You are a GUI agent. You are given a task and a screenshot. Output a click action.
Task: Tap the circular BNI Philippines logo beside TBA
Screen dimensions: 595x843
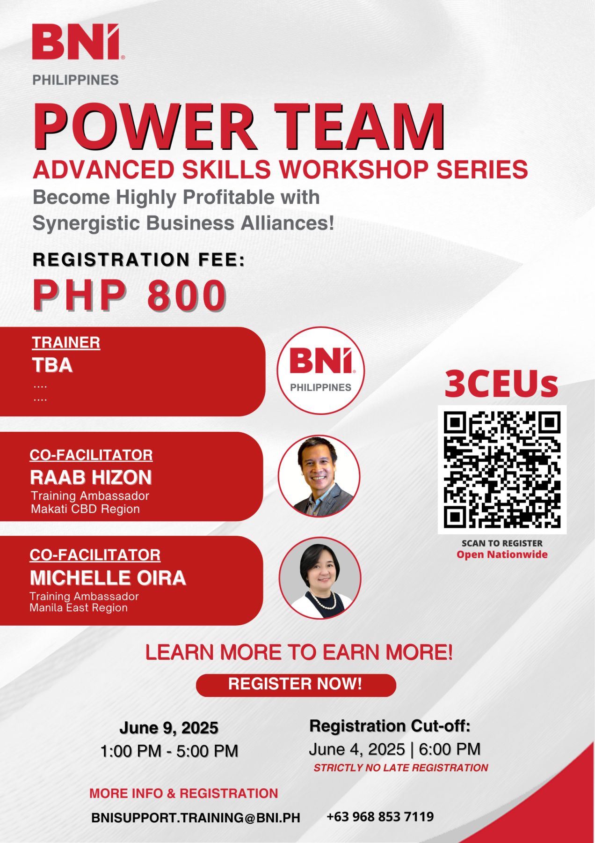point(320,370)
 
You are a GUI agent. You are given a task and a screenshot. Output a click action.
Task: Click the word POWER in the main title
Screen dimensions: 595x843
point(144,126)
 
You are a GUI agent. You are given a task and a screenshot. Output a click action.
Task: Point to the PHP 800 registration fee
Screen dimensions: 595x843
point(130,296)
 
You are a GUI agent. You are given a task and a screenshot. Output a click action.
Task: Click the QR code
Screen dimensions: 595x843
point(502,469)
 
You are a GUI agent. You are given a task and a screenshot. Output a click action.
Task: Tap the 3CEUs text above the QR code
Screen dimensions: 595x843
point(501,384)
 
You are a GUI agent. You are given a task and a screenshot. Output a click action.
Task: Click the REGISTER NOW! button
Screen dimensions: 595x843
point(296,685)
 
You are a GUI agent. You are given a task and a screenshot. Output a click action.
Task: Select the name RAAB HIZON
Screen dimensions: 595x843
point(91,477)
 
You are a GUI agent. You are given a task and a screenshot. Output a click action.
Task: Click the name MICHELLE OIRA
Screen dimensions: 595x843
point(108,578)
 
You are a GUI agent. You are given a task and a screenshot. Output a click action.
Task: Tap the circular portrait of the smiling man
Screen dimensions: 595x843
point(319,476)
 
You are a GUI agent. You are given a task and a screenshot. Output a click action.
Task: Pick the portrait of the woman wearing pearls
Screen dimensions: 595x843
point(320,578)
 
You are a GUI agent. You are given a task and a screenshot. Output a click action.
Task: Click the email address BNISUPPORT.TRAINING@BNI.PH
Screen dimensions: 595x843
point(196,818)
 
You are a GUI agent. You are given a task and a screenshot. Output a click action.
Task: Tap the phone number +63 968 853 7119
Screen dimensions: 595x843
point(380,817)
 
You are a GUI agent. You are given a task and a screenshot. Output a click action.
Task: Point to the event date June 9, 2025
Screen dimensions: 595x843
point(169,728)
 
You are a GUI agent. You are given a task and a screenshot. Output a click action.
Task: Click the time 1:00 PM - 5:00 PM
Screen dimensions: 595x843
point(169,751)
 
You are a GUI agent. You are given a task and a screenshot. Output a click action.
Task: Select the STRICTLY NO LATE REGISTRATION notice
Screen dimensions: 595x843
point(401,768)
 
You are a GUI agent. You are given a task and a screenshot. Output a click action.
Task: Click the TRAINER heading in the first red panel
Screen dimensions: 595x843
point(66,342)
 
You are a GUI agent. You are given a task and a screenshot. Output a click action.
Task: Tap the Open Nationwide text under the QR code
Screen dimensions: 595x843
point(502,555)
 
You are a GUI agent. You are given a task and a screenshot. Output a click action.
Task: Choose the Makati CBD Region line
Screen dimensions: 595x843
point(85,509)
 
